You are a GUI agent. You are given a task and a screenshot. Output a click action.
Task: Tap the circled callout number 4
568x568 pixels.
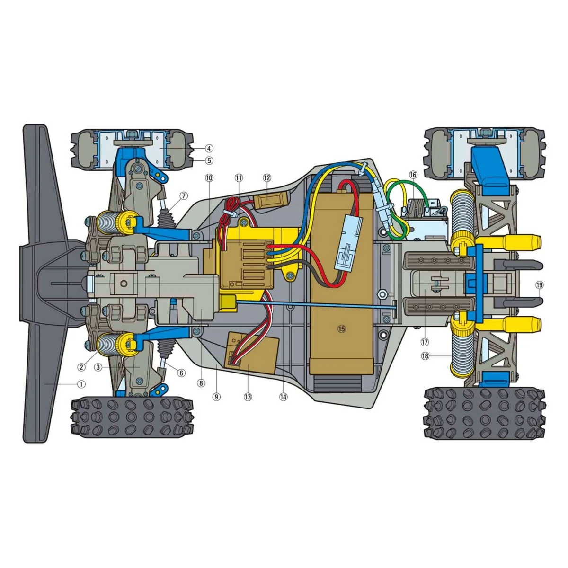209,148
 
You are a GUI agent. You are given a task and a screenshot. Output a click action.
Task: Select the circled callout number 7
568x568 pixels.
184,195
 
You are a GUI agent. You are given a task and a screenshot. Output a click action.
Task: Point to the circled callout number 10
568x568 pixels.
209,178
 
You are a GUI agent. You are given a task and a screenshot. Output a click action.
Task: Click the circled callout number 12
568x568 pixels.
267,178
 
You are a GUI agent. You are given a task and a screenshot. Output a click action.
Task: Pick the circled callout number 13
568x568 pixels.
248,397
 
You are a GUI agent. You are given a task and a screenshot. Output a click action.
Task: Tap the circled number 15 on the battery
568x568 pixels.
342,329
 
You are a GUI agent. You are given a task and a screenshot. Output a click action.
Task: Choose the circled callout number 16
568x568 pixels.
413,175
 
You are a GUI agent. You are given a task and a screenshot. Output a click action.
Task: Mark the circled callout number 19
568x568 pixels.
540,285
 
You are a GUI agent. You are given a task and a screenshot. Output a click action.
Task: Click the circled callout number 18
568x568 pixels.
425,356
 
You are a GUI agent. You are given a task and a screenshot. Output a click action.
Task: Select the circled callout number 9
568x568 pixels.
216,397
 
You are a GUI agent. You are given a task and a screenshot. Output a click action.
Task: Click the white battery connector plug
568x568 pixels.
349,248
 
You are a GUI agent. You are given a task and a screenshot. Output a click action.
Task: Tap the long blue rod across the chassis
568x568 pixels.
312,305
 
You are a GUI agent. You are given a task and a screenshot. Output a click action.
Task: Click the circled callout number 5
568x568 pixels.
209,160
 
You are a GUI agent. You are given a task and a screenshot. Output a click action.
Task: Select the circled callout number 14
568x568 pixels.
283,397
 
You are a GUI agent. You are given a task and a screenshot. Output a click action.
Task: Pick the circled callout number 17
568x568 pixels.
425,342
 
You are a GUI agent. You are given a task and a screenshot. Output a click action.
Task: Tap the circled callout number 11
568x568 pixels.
239,178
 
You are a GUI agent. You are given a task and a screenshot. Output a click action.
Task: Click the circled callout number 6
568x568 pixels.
181,373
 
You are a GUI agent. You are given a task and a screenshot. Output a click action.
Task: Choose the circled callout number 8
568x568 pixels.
201,383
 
